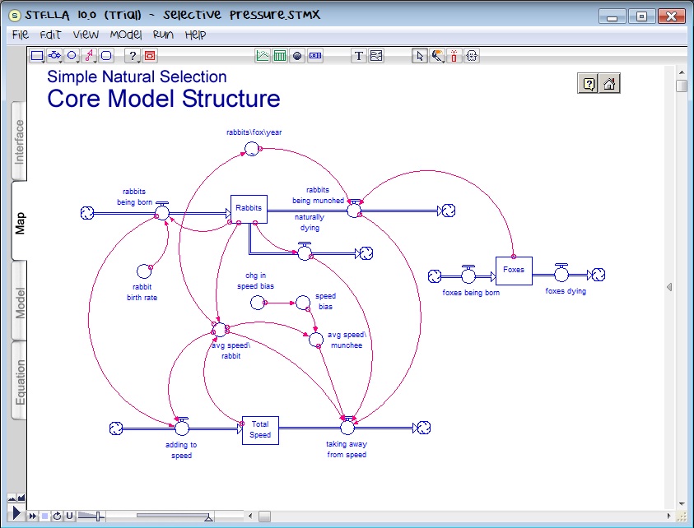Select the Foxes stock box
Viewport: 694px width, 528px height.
(514, 270)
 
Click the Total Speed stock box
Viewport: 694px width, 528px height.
(260, 429)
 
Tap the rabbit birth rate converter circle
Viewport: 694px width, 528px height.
(144, 270)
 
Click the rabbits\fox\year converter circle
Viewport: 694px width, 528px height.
(250, 149)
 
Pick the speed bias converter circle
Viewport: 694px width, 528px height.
(302, 303)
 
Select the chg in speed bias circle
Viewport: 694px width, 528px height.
(258, 303)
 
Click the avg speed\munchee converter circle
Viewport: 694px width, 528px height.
(316, 338)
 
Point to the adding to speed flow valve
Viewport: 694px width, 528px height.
(182, 427)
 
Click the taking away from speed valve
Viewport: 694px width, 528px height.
(347, 426)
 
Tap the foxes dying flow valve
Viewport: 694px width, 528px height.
(561, 275)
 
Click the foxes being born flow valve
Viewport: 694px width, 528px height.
(468, 275)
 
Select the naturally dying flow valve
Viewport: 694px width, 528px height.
(305, 252)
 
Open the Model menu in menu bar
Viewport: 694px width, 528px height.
(126, 35)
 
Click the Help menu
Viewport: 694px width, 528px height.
(195, 35)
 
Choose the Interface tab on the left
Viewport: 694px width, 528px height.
(20, 142)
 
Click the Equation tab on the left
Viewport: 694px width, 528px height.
(20, 383)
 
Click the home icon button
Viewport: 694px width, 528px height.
(609, 83)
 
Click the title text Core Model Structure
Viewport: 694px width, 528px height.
(163, 99)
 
